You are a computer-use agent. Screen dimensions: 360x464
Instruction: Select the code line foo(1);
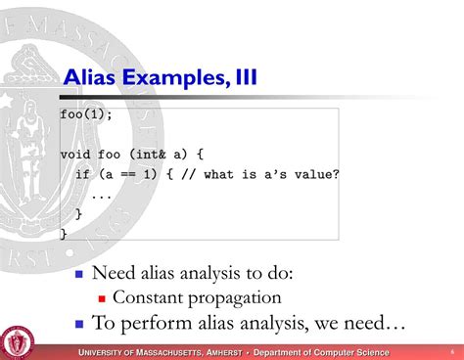pyautogui.click(x=86, y=114)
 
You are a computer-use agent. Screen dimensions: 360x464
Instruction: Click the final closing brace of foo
pyautogui.click(x=64, y=233)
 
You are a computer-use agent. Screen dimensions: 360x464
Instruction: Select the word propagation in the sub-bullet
pyautogui.click(x=232, y=297)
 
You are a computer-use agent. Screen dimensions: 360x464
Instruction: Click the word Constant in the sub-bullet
pyautogui.click(x=147, y=297)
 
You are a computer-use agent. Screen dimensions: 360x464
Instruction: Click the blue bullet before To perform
pyautogui.click(x=80, y=323)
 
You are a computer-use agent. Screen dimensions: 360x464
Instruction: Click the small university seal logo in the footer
pyautogui.click(x=18, y=341)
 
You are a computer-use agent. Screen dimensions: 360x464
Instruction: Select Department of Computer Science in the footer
pyautogui.click(x=321, y=352)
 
